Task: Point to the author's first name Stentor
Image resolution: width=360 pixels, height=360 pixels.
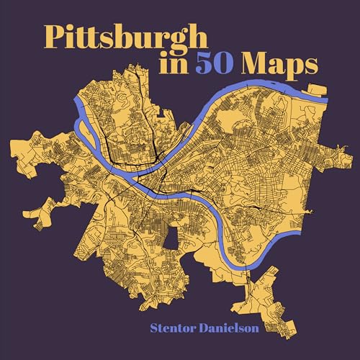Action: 176,329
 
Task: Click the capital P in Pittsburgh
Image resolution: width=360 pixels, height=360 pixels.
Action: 55,35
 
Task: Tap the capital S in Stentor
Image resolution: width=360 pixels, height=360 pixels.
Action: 153,329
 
